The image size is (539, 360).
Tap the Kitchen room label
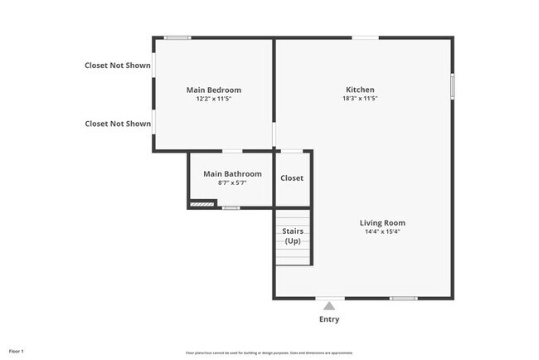(360, 90)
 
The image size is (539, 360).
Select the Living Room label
(382, 222)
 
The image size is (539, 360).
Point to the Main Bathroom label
(232, 174)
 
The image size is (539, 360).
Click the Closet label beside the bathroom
(292, 178)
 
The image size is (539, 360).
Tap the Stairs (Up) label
(293, 236)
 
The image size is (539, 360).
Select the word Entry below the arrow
(329, 319)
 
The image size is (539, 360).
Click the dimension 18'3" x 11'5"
(360, 99)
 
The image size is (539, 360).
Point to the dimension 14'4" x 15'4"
(382, 231)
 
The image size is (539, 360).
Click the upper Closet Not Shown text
(118, 66)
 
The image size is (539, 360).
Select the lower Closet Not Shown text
(118, 124)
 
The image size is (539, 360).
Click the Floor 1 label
(17, 351)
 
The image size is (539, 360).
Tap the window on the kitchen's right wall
(452, 86)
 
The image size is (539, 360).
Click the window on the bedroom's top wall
(177, 37)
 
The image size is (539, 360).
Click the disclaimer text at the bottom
(269, 351)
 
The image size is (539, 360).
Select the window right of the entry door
(403, 299)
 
